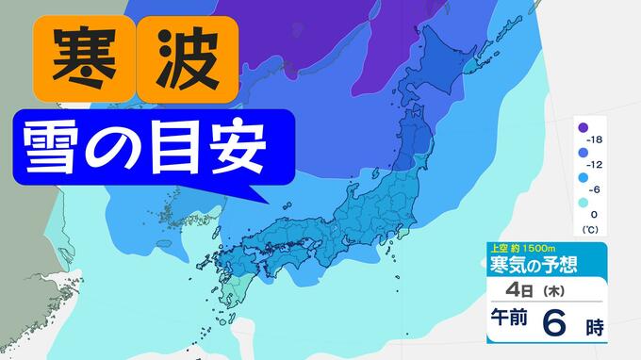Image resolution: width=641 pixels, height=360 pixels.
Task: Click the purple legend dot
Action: point(583,127)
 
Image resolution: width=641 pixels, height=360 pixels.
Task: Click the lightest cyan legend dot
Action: point(583,202)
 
